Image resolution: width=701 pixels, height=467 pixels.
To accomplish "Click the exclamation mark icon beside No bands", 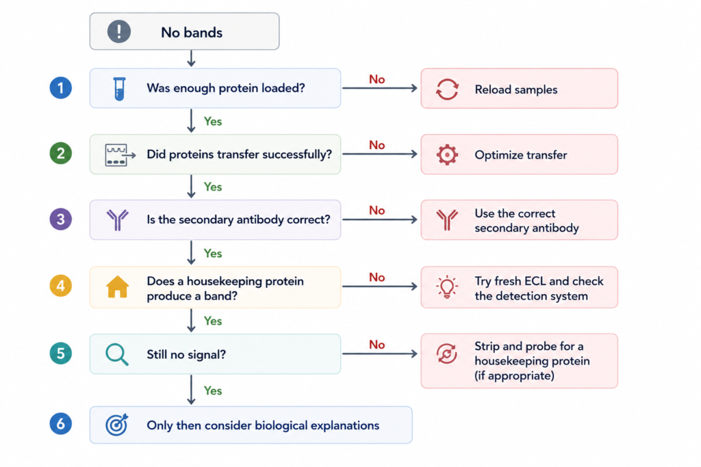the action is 119,31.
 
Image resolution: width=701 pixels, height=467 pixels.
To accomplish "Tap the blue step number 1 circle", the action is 61,88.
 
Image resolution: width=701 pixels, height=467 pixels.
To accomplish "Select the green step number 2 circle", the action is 61,153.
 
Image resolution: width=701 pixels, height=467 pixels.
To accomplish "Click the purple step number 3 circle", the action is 61,219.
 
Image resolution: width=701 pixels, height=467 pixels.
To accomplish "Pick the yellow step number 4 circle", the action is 61,286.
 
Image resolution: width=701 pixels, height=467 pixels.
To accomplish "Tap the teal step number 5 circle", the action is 61,353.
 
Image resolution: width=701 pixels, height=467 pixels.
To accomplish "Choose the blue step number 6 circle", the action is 61,424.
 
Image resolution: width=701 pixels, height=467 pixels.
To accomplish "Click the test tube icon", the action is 119,89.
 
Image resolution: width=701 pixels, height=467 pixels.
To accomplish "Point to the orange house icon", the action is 118,286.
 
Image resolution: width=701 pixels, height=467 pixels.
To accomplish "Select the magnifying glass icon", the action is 117,355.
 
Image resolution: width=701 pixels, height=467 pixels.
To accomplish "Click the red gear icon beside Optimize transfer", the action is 447,155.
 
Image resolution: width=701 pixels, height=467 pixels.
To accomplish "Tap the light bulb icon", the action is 447,287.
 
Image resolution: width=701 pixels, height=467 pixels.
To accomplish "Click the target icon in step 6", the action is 117,425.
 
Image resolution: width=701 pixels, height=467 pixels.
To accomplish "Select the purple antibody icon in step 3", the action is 118,219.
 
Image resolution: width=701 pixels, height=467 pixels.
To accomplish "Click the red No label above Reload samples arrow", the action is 377,79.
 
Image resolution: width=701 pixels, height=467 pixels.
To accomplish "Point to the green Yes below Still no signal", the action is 213,390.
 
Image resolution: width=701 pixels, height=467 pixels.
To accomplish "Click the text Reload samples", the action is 516,90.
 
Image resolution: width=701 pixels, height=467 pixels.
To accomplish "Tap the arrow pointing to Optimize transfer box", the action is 380,154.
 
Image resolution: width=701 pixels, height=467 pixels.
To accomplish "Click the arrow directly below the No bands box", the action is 192,59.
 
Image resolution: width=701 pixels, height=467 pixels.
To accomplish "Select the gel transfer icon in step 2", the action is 120,155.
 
